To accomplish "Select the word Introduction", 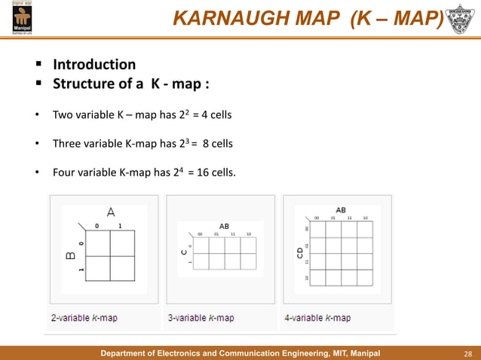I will coord(93,65).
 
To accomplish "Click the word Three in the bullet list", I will coord(66,143).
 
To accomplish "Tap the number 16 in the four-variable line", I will coord(203,172).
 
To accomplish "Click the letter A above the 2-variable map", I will coord(110,212).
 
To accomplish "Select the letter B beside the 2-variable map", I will coord(70,255).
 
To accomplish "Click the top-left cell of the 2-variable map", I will coord(97,243).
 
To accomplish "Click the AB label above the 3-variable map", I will coord(224,226).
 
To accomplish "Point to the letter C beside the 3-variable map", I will coord(182,252).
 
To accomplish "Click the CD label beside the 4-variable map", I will coord(299,256).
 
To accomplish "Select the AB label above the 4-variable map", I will coord(341,210).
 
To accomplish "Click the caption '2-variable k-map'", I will coord(84,318).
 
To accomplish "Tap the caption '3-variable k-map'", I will coord(201,318).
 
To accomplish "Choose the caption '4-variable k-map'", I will coord(317,318).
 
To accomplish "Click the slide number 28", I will coord(467,353).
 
